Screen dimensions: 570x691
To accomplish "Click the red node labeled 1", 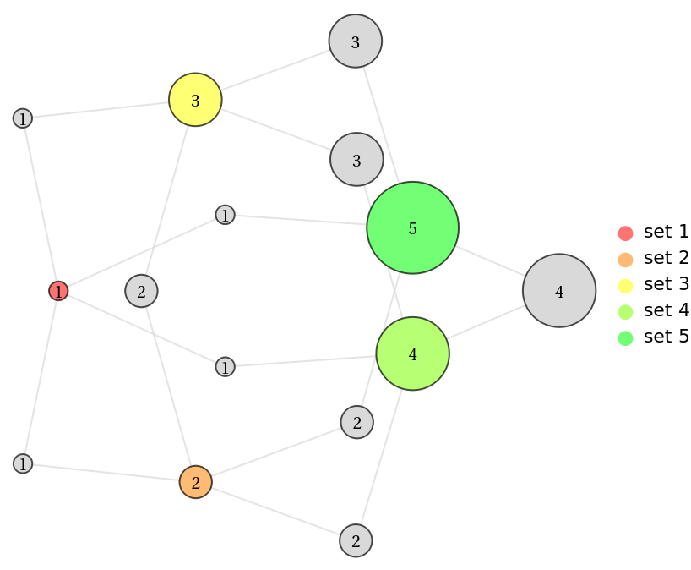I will (x=58, y=291).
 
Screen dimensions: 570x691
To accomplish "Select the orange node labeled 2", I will (x=195, y=482).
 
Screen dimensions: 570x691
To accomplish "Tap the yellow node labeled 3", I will (x=195, y=101).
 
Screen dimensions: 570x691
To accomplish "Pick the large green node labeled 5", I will (x=412, y=227).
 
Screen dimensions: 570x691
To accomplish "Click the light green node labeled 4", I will (x=412, y=354).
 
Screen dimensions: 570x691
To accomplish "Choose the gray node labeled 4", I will (x=559, y=291).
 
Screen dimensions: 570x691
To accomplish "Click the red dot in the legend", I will (x=625, y=233).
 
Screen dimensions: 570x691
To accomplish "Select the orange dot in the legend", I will (x=625, y=260).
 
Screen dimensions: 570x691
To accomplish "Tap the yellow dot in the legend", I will (x=625, y=286).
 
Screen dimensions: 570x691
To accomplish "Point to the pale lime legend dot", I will (x=625, y=312).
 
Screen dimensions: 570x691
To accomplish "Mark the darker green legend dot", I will (x=625, y=338).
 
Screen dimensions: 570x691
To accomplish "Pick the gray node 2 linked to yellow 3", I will (x=141, y=291).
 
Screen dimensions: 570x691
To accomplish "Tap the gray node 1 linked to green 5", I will (x=225, y=216).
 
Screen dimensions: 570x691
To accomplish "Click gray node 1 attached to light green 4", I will (x=225, y=367).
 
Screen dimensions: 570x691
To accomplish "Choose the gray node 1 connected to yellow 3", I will (x=23, y=118).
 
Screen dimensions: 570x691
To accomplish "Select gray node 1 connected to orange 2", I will (x=23, y=463).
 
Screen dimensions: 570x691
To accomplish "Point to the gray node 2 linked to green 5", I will (x=356, y=422).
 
